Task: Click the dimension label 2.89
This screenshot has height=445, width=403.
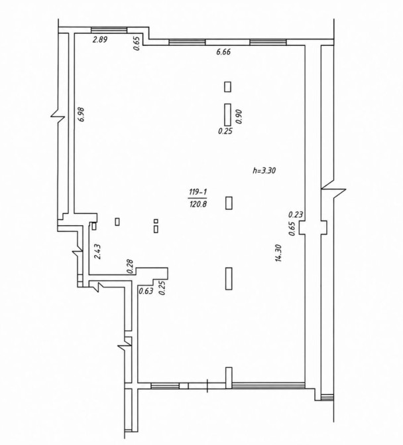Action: click(100, 39)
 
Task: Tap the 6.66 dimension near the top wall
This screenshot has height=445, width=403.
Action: click(223, 52)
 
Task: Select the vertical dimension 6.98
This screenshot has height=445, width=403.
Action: click(82, 114)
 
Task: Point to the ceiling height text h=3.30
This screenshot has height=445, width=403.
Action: click(264, 170)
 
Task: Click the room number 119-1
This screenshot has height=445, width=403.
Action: click(198, 193)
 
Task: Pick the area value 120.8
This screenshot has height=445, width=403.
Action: click(198, 203)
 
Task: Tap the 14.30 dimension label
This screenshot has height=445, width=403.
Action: click(278, 253)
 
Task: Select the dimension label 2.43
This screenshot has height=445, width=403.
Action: click(97, 252)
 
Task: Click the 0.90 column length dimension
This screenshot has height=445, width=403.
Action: click(239, 116)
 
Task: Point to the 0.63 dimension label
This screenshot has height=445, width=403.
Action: click(146, 291)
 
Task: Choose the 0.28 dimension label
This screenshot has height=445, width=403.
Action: click(131, 266)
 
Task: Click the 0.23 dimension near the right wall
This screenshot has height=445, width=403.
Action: click(296, 215)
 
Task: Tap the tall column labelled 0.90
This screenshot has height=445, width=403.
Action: click(227, 115)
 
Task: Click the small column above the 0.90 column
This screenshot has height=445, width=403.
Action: click(227, 87)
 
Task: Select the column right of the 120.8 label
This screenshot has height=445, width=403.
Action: click(229, 203)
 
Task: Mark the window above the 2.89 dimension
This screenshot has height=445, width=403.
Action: click(109, 30)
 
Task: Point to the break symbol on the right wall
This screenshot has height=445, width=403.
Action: click(333, 189)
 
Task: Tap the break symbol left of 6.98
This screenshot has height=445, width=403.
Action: click(58, 116)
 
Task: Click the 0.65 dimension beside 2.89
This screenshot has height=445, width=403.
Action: click(137, 43)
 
